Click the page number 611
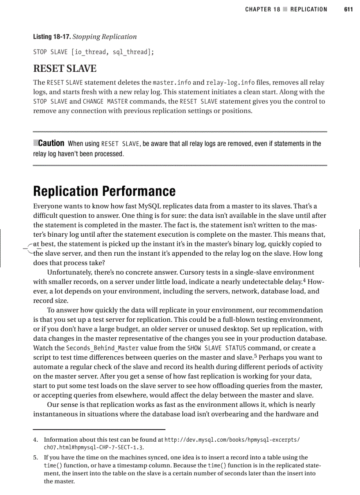(348, 9)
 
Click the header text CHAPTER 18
(262, 9)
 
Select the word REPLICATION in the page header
(309, 9)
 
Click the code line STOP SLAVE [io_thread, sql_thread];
(94, 52)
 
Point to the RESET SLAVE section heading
(65, 69)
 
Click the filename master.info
(172, 82)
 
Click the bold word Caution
(51, 143)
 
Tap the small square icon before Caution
(36, 143)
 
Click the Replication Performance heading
(104, 191)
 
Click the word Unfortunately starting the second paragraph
(68, 272)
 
